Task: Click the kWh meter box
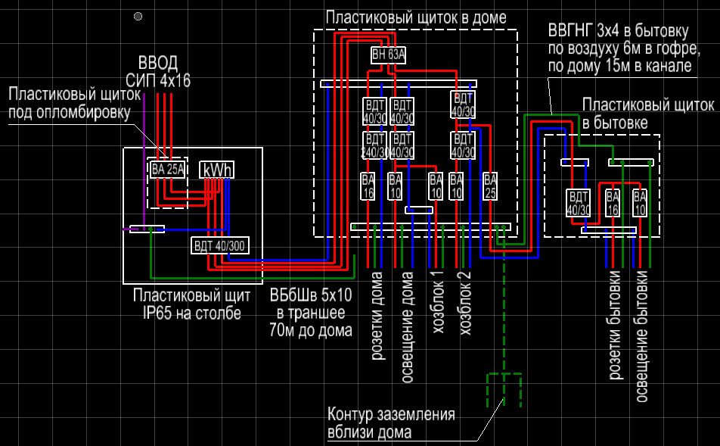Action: point(217,170)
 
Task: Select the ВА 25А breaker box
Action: point(168,169)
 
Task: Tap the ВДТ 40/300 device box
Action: point(220,245)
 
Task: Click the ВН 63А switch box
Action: point(389,55)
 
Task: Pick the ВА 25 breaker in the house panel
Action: point(490,186)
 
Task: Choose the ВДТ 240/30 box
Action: point(374,145)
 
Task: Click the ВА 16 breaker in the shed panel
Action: point(613,203)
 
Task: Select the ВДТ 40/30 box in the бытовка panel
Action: point(578,203)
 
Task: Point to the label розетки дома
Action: point(377,316)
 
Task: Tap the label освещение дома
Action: point(407,327)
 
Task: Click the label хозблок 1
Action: point(438,302)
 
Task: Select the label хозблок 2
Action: point(466,303)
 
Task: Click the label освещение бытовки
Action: point(641,336)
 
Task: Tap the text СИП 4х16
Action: point(158,81)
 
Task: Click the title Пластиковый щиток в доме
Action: point(416,18)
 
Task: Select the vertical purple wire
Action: point(144,161)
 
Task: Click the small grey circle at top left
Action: point(138,17)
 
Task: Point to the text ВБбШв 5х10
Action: point(311,295)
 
